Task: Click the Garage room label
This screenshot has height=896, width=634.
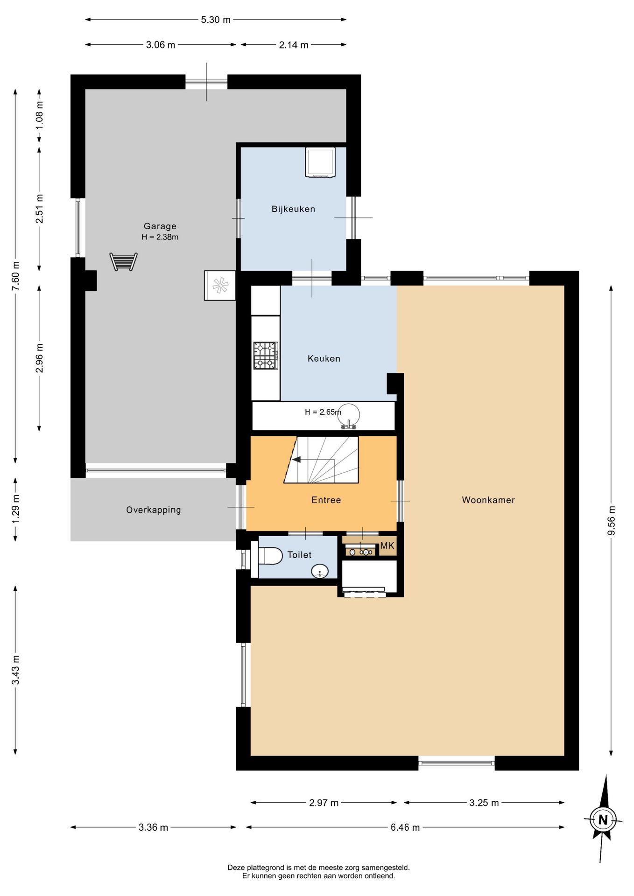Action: tap(160, 226)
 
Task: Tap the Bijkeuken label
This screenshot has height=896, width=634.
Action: tap(293, 209)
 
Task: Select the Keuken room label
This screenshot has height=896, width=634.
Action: tap(324, 358)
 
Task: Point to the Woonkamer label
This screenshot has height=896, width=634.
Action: tap(488, 500)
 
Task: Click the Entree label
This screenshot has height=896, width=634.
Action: tap(326, 500)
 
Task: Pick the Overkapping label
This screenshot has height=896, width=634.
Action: tap(154, 510)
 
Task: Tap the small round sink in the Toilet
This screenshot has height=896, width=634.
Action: tap(320, 571)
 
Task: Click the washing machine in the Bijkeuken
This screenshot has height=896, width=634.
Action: tap(320, 162)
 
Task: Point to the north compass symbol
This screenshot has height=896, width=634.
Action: tap(603, 819)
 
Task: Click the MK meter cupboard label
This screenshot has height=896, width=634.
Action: tap(387, 546)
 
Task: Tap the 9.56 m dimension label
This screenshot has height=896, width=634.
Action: tap(612, 520)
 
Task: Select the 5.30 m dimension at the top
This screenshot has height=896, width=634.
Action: tap(216, 20)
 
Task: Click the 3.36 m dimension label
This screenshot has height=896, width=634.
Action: tap(153, 827)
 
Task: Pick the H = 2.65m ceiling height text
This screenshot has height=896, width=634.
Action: tap(323, 412)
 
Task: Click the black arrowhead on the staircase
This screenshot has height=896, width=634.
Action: tap(296, 460)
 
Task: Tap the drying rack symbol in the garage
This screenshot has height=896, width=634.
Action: tap(124, 262)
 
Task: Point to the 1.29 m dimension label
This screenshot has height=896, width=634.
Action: tap(16, 510)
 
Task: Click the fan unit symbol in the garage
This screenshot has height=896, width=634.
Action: tap(220, 286)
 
